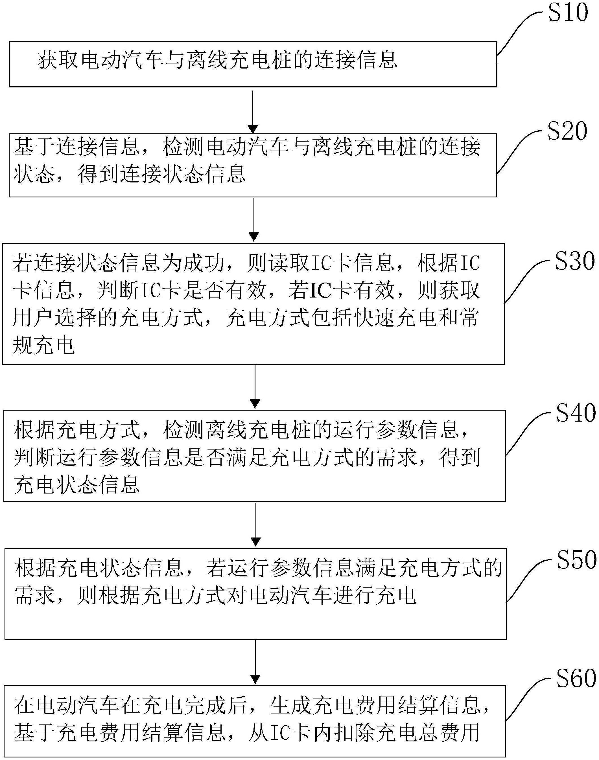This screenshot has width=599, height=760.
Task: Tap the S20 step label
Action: point(567,132)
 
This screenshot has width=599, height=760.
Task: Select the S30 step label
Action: point(574,261)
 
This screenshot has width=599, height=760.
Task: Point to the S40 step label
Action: point(576,413)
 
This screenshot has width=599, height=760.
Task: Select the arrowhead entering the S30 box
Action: point(253,237)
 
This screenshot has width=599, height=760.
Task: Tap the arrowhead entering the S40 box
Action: point(255,404)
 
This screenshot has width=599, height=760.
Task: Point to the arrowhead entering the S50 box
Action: point(256,542)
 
